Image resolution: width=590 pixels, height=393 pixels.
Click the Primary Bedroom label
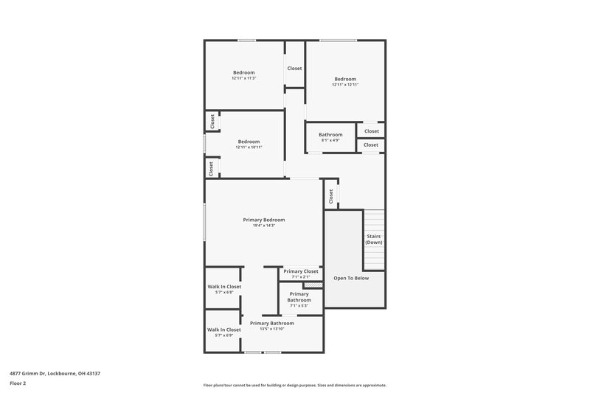tap(263, 220)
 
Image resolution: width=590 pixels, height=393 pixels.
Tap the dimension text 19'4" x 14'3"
tap(263, 226)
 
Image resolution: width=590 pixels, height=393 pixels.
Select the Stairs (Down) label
tap(374, 239)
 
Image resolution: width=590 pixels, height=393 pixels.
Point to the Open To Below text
tap(351, 278)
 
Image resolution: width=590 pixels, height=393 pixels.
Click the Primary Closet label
tap(301, 271)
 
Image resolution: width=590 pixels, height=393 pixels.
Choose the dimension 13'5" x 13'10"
tap(271, 329)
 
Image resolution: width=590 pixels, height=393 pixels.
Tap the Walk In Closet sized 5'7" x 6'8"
tap(224, 286)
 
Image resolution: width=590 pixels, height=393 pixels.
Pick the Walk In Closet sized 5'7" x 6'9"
tap(224, 330)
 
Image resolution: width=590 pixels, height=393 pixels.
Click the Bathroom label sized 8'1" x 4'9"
tap(330, 135)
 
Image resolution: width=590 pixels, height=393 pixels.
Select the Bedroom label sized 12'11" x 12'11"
tap(345, 79)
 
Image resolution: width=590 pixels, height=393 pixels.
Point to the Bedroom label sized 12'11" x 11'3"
tap(243, 72)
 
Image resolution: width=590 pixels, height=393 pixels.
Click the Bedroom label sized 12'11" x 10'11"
tap(249, 142)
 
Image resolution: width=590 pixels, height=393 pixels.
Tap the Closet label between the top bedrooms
tap(294, 69)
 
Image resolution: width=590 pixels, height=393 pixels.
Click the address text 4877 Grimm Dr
tap(55, 374)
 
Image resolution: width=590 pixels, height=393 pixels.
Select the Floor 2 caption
tap(18, 383)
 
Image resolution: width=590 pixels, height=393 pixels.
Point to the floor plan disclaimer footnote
tap(294, 385)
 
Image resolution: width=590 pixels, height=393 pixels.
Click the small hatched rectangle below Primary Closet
tap(313, 285)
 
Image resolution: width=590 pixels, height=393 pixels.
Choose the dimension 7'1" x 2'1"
tap(301, 277)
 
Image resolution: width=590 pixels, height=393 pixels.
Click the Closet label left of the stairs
tap(331, 196)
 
